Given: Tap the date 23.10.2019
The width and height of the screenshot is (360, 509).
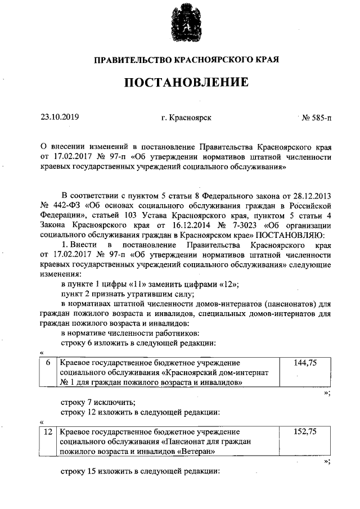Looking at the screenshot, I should tap(60, 118).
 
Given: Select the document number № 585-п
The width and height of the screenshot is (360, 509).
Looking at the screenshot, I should tap(317, 118).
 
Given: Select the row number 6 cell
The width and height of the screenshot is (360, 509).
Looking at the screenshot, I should tap(48, 363).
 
